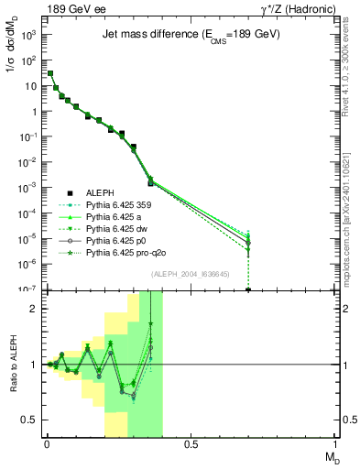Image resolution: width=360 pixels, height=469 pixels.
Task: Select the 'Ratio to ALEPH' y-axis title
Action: point(13,364)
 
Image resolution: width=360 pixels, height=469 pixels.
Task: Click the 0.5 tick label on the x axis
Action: point(191,447)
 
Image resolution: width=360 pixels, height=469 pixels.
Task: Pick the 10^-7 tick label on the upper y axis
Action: point(27,289)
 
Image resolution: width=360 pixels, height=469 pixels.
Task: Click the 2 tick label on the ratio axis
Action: point(33,309)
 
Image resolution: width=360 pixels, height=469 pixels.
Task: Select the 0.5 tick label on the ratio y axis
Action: point(29,420)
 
